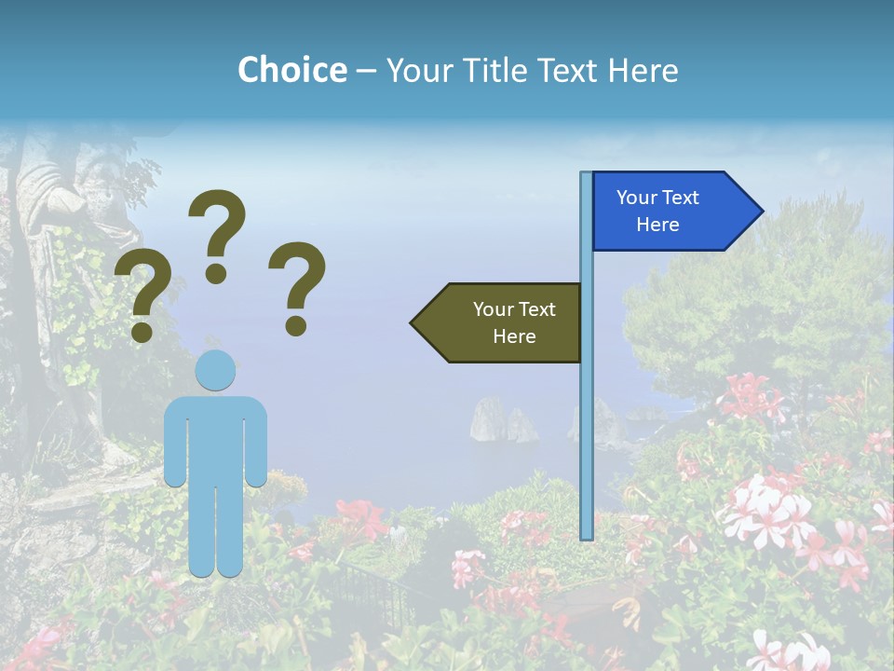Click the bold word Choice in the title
(291, 70)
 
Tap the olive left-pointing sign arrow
(503, 322)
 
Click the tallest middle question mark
(217, 233)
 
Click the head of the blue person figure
(215, 371)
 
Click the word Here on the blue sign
(657, 225)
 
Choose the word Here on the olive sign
(514, 336)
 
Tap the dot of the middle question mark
(216, 273)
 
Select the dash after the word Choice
(366, 71)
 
